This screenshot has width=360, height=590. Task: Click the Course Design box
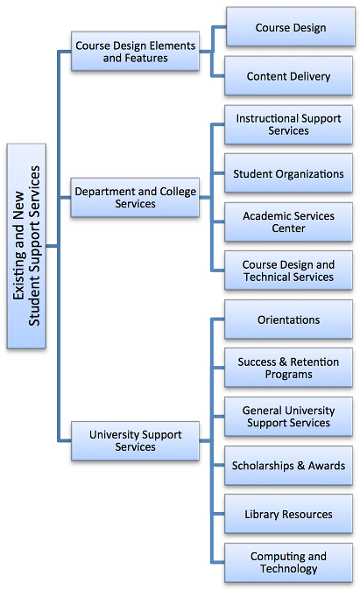click(290, 27)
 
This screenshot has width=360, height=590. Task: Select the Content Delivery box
click(288, 76)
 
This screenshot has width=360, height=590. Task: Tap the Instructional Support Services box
click(288, 124)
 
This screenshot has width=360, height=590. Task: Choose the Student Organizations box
click(288, 173)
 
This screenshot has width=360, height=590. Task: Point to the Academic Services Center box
click(288, 222)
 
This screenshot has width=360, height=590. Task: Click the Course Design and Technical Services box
click(288, 270)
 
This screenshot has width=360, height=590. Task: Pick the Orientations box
click(288, 320)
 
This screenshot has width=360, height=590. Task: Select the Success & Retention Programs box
click(288, 368)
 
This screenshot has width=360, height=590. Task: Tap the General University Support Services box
click(288, 417)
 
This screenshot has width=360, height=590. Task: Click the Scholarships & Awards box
click(288, 466)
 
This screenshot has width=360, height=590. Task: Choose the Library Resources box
click(288, 514)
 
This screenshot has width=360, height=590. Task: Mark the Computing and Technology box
click(288, 563)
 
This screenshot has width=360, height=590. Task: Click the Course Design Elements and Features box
click(135, 51)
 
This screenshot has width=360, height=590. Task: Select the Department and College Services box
click(135, 198)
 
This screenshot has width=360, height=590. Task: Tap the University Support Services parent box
click(135, 440)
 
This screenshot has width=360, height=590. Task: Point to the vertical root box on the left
click(26, 246)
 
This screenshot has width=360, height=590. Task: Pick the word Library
click(262, 515)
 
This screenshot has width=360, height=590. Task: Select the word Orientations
click(288, 320)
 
